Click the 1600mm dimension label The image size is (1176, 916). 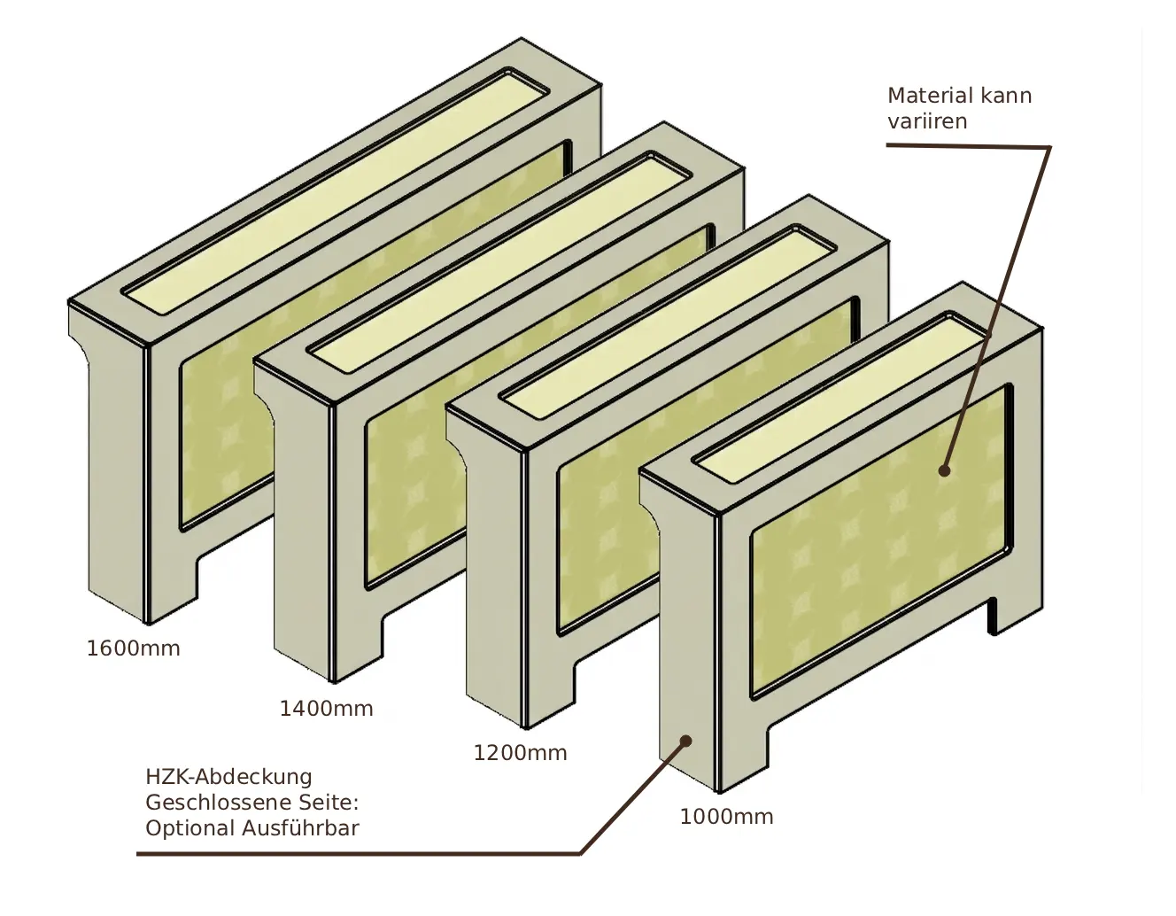[x=133, y=648]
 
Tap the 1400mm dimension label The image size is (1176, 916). [x=327, y=709]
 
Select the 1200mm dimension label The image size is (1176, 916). [x=520, y=753]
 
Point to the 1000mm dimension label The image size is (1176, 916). [x=726, y=817]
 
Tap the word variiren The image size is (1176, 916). [x=927, y=121]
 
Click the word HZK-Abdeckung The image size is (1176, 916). [x=229, y=777]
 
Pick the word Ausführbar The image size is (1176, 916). [x=300, y=828]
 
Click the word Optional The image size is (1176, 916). [x=190, y=829]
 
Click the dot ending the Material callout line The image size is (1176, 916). [x=944, y=470]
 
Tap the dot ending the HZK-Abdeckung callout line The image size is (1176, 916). [x=685, y=741]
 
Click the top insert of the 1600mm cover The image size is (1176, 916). [x=336, y=193]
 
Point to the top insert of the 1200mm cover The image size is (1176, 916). [x=668, y=322]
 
